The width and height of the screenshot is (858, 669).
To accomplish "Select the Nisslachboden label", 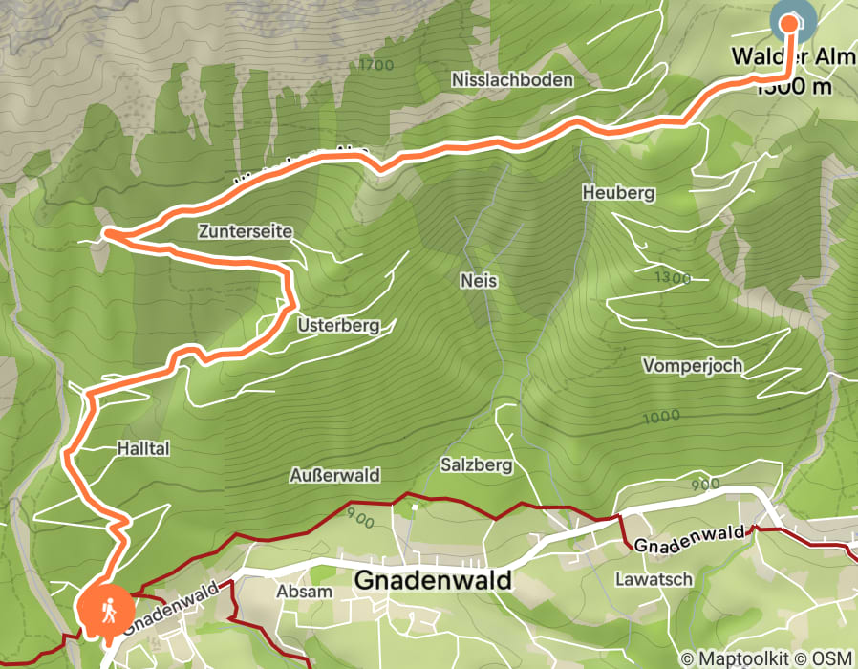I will pos(513,79).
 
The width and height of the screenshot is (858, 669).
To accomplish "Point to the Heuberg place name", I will pos(618,193).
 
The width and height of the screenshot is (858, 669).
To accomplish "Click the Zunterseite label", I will pos(246,231).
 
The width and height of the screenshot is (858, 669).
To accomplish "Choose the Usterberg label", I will pos(338,325).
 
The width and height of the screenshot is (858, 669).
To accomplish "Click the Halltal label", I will pos(142,447).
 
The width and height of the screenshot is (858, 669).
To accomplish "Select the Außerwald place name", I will pos(334,475).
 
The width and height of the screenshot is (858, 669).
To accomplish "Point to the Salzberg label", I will pos(477,465).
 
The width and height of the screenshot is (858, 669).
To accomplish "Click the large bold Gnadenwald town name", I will pos(433,580).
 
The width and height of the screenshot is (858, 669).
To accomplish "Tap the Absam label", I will pos(304,591).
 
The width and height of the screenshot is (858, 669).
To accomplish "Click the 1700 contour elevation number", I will pos(377,65).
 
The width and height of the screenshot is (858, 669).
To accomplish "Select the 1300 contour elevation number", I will pos(671,277).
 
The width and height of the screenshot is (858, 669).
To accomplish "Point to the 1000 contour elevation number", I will pos(661,416).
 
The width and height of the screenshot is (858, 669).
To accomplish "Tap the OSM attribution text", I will pos(830,658).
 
